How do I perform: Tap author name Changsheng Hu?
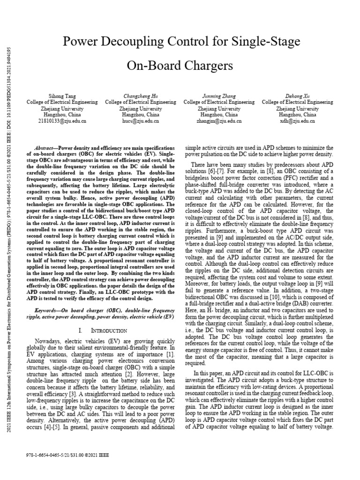point(140,96)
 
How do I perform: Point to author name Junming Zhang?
point(219,96)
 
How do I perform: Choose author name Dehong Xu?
point(297,96)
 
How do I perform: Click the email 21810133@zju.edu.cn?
point(62,121)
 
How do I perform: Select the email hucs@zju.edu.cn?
point(140,121)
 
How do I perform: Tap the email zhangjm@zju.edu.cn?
point(219,121)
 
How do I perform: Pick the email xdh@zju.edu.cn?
point(297,121)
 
